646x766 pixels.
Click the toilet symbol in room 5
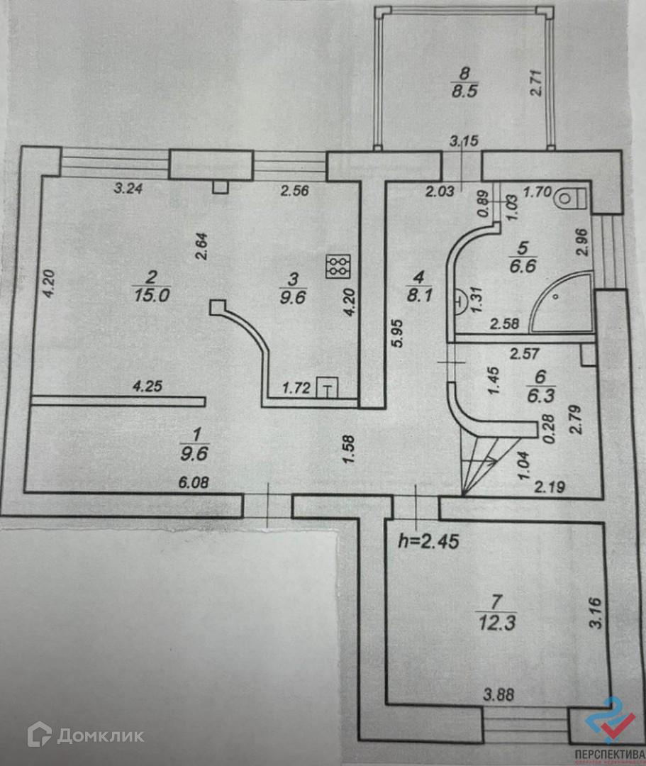[x=572, y=197]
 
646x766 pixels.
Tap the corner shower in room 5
[x=564, y=303]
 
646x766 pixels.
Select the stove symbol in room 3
[x=336, y=267]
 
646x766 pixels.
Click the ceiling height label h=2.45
[x=428, y=543]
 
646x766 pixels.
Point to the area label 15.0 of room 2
[x=150, y=295]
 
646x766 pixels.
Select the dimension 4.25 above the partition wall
[x=148, y=387]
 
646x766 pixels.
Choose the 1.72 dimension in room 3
[x=296, y=388]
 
